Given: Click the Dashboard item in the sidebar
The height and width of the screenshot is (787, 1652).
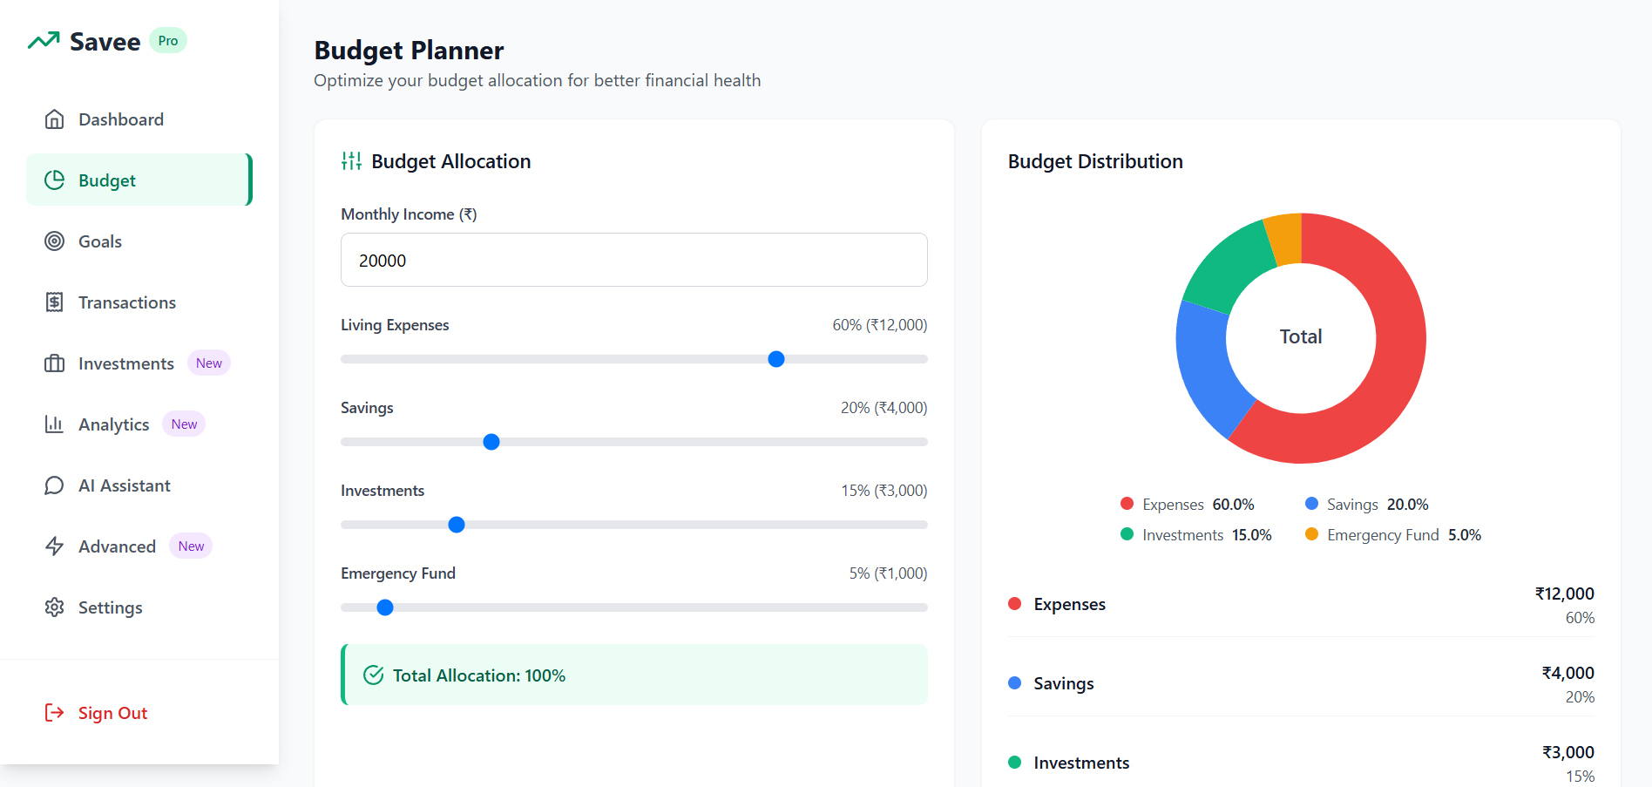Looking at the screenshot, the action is [121, 119].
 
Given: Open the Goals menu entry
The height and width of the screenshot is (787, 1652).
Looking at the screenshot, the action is [100, 241].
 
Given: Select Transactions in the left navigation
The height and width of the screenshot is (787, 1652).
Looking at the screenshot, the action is [127, 302].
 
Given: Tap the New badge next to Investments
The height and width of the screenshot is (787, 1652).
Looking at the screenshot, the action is [209, 363].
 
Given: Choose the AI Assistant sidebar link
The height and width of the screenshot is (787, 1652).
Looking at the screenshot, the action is [125, 485].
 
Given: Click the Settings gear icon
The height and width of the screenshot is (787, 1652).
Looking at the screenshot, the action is [55, 607].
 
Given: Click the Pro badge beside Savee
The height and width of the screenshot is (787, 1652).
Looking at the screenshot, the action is [168, 41].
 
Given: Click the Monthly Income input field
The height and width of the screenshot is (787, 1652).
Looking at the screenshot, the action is [634, 260].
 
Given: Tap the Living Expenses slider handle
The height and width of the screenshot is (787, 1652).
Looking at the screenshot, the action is [776, 359].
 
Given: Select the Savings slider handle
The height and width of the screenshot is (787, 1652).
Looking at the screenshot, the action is [491, 442].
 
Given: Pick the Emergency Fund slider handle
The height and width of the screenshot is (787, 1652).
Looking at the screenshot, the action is [385, 607].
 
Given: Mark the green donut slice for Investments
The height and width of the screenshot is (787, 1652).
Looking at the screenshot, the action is [1224, 267].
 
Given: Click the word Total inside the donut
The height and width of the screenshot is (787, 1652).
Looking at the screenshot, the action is [1301, 336].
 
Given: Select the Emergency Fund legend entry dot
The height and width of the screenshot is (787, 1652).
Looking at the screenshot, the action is [1311, 534].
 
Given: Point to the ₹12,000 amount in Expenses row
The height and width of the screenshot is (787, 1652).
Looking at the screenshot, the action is [1565, 594].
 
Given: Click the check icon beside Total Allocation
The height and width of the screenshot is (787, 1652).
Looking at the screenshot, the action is [374, 675].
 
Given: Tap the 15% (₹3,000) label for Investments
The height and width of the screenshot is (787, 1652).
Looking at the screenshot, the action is [884, 491].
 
